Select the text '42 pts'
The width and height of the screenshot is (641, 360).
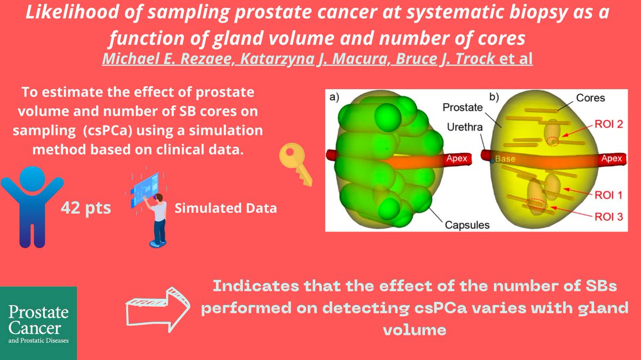(86, 207)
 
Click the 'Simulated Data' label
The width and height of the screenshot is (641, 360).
(225, 208)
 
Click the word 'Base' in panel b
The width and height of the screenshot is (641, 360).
(504, 159)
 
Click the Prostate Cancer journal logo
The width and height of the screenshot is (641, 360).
(38, 323)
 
